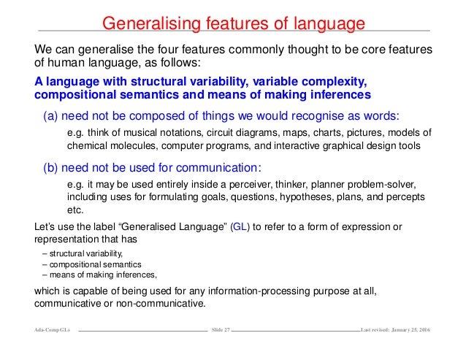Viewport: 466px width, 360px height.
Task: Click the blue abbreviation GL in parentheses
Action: [240, 226]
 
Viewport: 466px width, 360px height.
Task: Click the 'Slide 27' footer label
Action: [220, 332]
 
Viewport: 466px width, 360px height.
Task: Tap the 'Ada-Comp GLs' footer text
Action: [51, 332]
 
